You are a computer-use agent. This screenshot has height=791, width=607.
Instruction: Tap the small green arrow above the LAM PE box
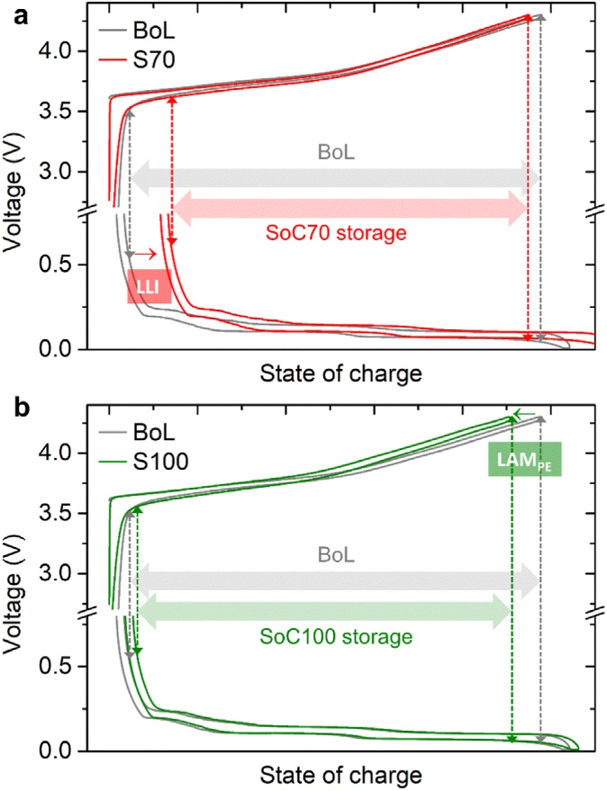(x=525, y=414)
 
